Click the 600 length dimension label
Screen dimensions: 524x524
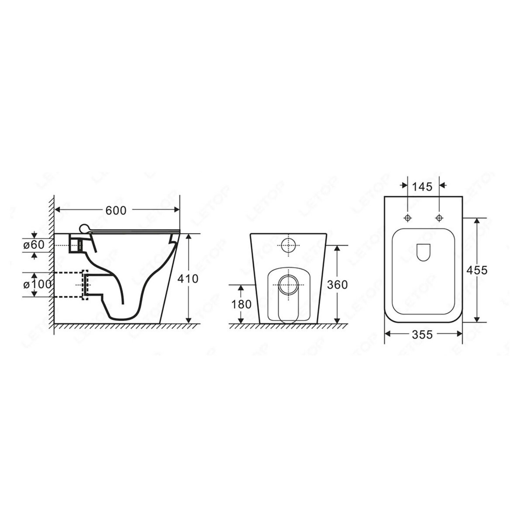[116, 210]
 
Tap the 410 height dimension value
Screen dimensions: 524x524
[188, 279]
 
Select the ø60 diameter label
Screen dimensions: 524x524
[34, 245]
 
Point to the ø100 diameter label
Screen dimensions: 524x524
[37, 285]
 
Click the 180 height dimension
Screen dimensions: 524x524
[241, 304]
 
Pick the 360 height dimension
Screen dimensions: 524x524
[337, 285]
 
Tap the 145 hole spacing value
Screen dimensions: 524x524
[422, 187]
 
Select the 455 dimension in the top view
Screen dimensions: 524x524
[477, 270]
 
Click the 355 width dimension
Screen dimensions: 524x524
[422, 335]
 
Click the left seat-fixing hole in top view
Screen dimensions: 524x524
[408, 218]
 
